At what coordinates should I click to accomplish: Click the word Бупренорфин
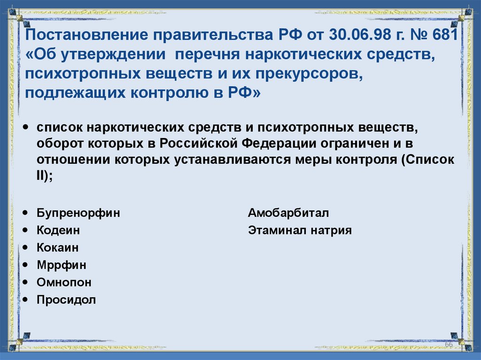point(78,213)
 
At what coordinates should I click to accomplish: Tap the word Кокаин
point(58,248)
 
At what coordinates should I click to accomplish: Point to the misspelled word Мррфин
point(62,265)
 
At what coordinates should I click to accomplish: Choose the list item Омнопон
point(64,283)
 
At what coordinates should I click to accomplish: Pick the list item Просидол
point(66,300)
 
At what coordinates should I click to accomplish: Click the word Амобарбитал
point(288,213)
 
